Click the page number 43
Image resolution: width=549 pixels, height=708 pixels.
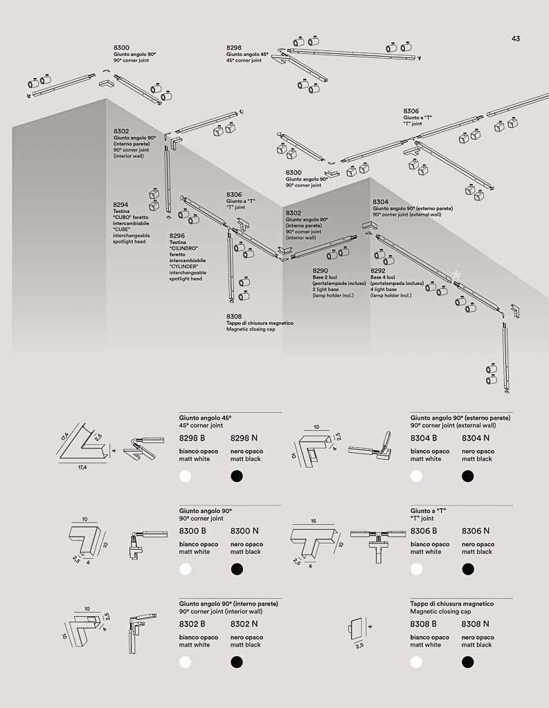coord(516,39)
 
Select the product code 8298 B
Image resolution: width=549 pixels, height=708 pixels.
coord(192,438)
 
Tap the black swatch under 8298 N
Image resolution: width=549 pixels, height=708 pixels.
coord(237,476)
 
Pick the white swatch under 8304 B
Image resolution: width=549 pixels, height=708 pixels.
coord(416,476)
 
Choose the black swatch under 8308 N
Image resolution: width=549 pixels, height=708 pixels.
coord(467,662)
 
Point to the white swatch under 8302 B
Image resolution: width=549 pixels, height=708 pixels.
coord(185,662)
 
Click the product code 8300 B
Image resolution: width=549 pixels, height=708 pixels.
coord(192,531)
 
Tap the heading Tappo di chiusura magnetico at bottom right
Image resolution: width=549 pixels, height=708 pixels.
coord(452,604)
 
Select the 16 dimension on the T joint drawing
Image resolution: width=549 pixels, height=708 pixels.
coord(314,521)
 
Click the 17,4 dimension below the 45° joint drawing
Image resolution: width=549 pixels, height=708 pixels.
coord(82,468)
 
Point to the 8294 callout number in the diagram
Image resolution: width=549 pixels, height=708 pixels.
coord(120,205)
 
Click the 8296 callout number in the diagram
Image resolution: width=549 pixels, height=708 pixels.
coord(177,236)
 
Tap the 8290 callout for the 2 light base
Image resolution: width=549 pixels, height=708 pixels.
coord(320,271)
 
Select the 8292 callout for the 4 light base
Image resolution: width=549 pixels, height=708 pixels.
coord(378,271)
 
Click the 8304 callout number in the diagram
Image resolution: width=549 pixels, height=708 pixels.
coord(380,202)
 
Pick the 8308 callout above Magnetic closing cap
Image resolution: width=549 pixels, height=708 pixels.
coord(234,317)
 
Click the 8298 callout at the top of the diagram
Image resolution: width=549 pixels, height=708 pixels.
coord(234,48)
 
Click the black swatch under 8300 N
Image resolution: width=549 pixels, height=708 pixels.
coord(237,569)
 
